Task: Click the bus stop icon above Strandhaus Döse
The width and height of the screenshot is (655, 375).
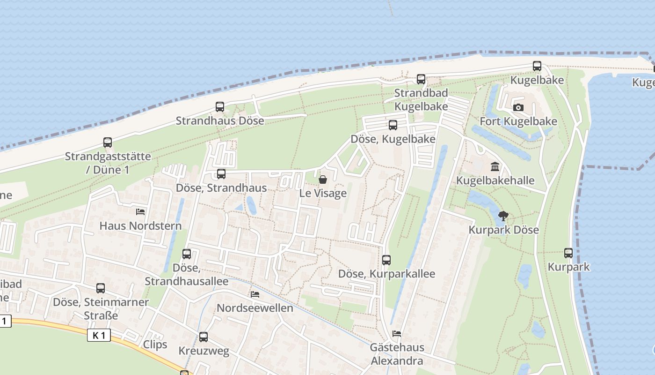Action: pos(220,107)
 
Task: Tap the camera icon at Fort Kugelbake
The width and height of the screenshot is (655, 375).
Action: pos(518,107)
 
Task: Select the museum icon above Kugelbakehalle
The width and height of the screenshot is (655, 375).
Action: pos(495,166)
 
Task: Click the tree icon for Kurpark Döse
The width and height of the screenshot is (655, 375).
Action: pos(503,216)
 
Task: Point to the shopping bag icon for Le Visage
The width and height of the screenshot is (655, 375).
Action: pos(323,180)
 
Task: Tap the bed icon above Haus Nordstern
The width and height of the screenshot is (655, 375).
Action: pos(140,212)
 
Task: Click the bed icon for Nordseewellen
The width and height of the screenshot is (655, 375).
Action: pos(255,294)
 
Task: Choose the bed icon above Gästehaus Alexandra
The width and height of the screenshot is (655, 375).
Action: pos(397,334)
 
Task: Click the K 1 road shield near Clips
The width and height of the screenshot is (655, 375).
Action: pos(99,335)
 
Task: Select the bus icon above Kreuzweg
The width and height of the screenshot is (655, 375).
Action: pos(204,337)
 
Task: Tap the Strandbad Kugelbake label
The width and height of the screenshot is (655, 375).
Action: pos(421,99)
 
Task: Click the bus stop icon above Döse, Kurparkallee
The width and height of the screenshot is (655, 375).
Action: pos(386,260)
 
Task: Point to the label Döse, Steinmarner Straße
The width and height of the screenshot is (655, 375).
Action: pos(101,308)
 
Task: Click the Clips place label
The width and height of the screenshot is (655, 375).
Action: pos(155,345)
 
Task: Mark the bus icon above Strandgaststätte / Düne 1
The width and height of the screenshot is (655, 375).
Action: pos(108,142)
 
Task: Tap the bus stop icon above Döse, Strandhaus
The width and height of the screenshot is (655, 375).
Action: pos(221,174)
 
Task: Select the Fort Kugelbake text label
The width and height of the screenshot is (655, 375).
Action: pos(518,121)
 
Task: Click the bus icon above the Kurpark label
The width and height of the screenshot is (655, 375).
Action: pos(568,253)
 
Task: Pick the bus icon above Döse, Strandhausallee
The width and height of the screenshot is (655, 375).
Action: pos(187,254)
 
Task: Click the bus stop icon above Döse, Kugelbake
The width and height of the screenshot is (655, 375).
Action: pos(393,125)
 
